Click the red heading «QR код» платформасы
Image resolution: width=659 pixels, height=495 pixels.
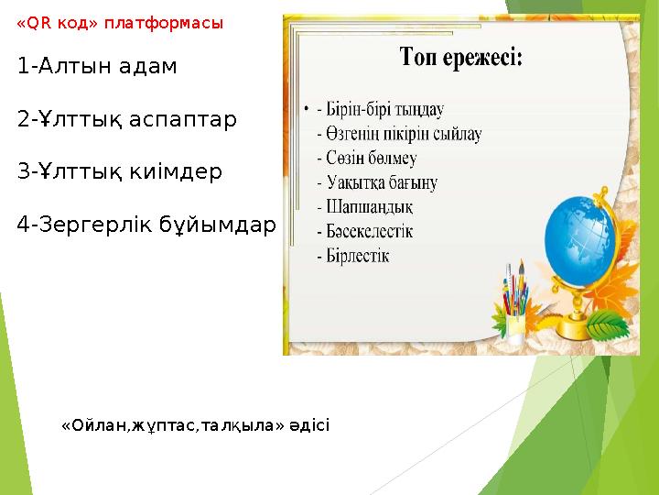coord(119,24)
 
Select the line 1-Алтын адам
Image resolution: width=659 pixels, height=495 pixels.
coord(97,67)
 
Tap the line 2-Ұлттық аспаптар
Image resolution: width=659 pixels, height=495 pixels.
coord(126,119)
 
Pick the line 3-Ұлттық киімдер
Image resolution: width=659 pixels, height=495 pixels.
coord(119,171)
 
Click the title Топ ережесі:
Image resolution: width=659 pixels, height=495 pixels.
coord(461,60)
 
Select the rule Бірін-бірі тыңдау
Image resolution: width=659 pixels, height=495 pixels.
coord(384,109)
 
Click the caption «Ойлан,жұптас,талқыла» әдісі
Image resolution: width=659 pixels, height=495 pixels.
coord(195,425)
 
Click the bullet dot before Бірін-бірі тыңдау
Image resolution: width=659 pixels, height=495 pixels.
coord(306,110)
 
